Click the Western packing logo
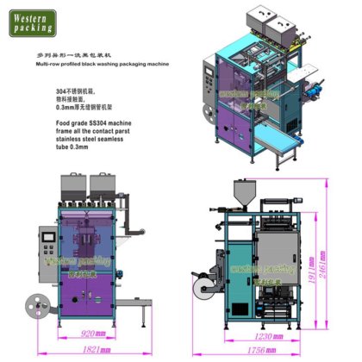coord(34,22)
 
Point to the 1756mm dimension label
coord(259,352)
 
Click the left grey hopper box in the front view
coord(72,184)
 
